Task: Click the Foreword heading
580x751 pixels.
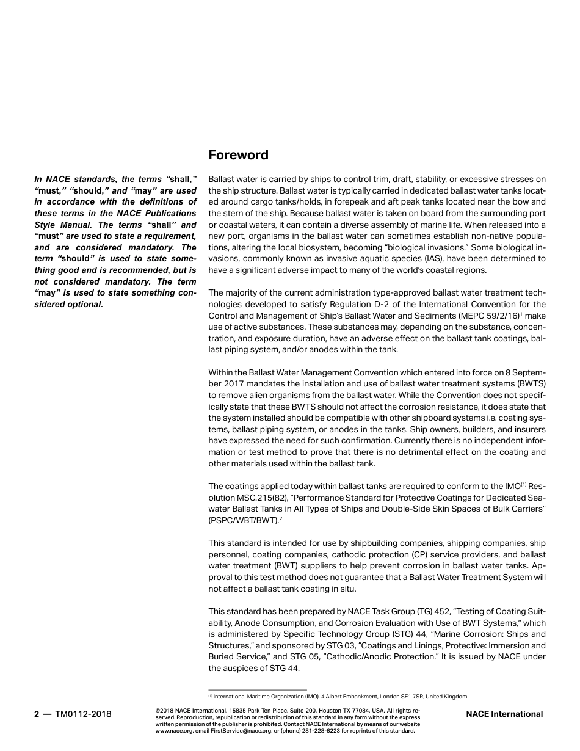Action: pos(238,155)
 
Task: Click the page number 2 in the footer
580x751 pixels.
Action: pos(37,714)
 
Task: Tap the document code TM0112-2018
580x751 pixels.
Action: pos(84,714)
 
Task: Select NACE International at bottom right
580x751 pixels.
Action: pos(504,714)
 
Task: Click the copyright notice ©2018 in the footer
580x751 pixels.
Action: pos(165,711)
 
